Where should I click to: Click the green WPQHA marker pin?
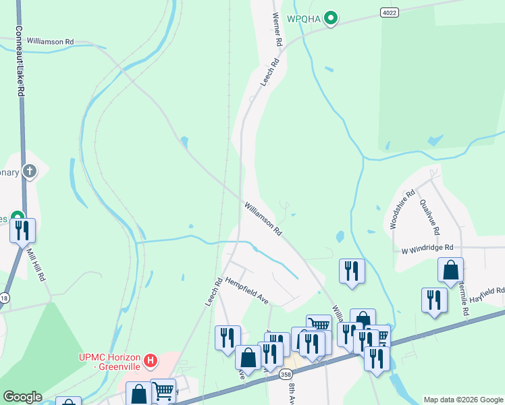330,18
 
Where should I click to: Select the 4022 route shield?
388,12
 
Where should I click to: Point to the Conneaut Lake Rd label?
20,61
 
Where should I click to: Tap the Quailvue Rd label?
429,216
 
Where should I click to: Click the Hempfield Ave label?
247,290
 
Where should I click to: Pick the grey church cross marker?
29,171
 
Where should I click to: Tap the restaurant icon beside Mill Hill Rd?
22,231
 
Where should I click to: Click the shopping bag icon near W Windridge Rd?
450,270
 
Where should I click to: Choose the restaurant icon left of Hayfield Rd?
434,300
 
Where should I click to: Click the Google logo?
22,397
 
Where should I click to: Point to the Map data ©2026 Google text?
462,400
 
